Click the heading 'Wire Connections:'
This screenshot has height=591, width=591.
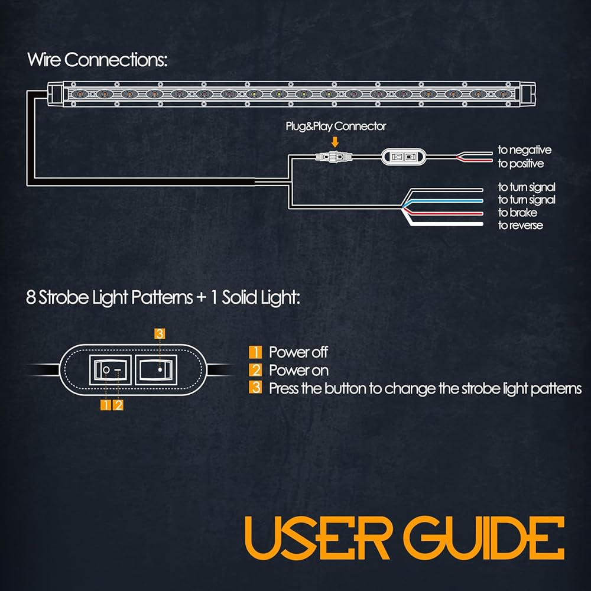point(98,60)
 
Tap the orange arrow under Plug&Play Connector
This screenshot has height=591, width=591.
point(335,142)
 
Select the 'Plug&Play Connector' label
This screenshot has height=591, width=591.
point(336,126)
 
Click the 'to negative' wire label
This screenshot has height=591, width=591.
point(524,150)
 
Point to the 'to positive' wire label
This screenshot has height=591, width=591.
point(521,164)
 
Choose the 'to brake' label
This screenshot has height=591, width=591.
point(517,213)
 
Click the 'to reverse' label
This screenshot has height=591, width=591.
point(520,225)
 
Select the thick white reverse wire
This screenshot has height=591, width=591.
point(445,223)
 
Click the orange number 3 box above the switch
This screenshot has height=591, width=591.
point(160,333)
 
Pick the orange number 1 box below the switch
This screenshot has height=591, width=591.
point(106,405)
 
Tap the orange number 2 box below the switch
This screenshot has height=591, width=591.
point(118,405)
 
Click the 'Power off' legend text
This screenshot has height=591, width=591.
point(298,352)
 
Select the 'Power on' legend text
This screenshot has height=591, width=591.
point(298,371)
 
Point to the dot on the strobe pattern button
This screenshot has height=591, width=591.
point(160,370)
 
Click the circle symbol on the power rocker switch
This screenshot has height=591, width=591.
point(106,370)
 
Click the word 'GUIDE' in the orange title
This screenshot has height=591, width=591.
point(484,538)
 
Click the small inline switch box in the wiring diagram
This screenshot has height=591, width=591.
point(403,157)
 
